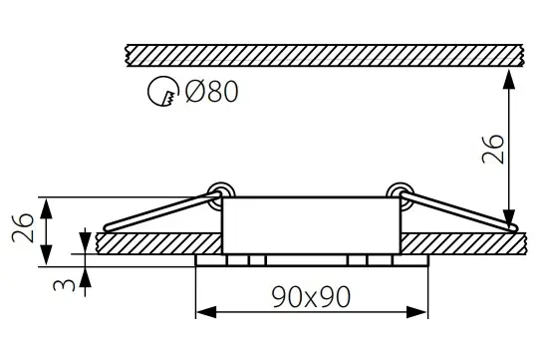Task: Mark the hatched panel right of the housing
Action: coord(458,242)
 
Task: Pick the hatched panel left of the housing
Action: coord(159,242)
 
